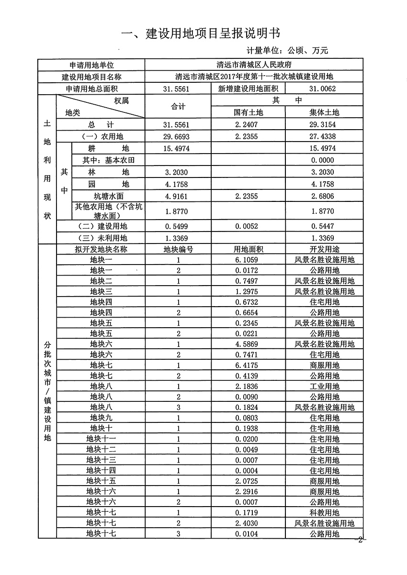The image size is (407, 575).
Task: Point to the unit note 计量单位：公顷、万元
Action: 287,50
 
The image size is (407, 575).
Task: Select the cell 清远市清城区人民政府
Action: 254,65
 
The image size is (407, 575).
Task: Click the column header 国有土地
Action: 248,112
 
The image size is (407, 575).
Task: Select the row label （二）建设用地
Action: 100,226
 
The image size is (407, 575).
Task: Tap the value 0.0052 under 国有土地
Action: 248,226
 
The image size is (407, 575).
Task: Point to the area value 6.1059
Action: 248,260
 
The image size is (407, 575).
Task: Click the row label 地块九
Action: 101,418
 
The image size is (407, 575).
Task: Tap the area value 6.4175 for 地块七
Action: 248,365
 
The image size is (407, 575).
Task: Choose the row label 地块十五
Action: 101,481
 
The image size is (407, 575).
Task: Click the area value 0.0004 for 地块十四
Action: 248,470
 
